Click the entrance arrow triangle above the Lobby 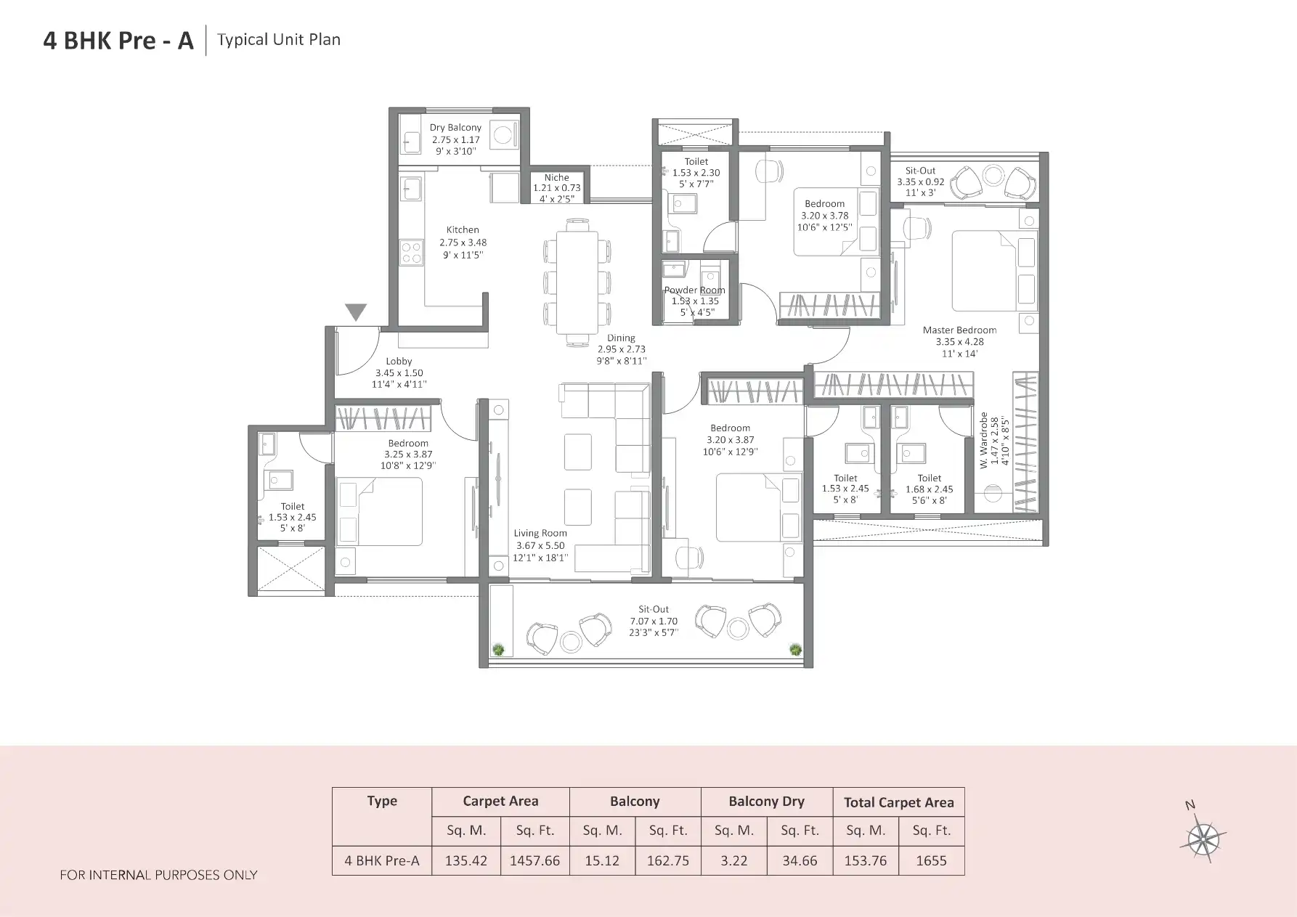pos(356,311)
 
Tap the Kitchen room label pos(463,230)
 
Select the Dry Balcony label pos(455,128)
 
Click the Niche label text pos(556,178)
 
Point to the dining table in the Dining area pos(577,282)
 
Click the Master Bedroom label pos(959,330)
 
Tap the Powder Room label pos(694,290)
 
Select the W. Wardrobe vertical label pos(984,441)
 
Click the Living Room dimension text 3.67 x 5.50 pos(540,545)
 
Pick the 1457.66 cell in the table pos(534,861)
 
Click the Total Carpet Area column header pos(898,802)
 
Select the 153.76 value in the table pos(865,861)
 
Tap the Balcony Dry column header pos(766,802)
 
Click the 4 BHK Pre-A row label pos(382,861)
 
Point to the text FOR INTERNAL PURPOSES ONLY pos(158,875)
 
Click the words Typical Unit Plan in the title pos(279,40)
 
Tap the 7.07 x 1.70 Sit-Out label pos(654,621)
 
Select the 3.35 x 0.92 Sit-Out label pos(920,182)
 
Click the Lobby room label pos(399,362)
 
